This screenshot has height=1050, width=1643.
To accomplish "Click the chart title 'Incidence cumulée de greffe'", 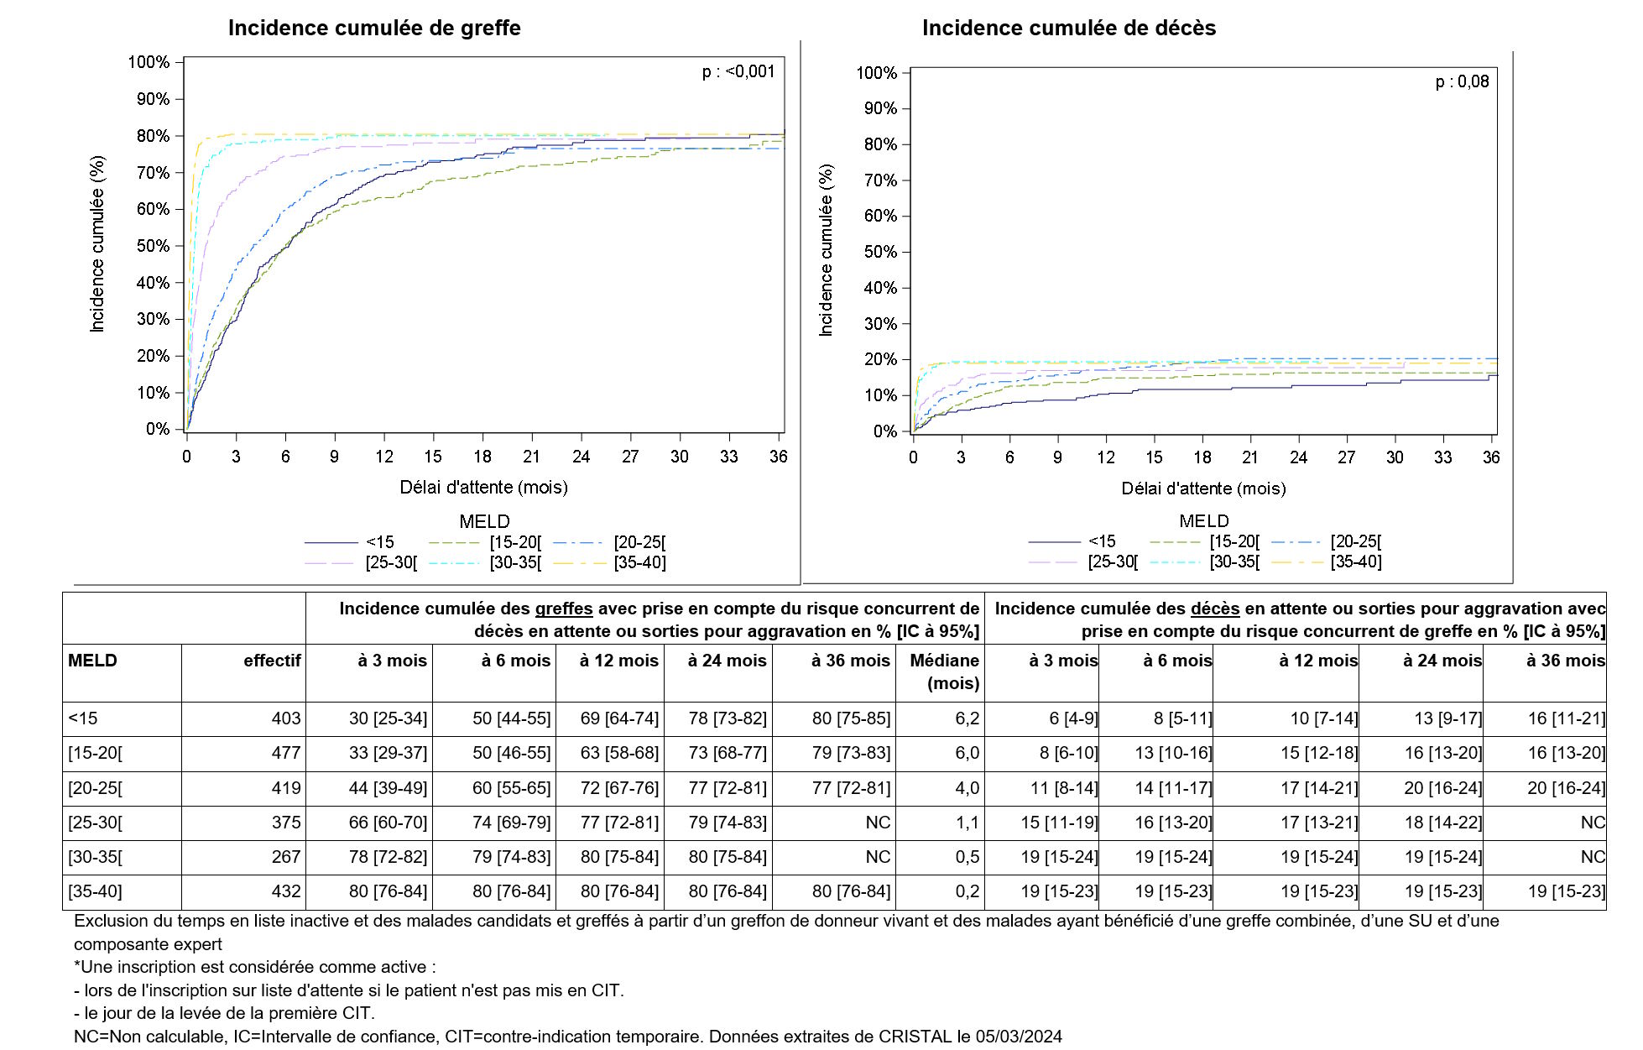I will point(374,28).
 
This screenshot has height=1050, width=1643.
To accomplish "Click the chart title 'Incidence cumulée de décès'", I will point(1068,28).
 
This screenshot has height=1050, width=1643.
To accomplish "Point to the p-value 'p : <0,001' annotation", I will point(738,72).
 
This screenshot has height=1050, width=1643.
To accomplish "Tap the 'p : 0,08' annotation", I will point(1462,82).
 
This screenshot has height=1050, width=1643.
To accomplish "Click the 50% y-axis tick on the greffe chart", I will point(153,246).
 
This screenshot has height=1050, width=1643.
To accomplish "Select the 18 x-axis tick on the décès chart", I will point(1202,457).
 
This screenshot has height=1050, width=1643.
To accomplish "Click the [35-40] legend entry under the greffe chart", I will point(639,563).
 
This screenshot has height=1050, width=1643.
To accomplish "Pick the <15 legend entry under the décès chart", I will point(1102,541).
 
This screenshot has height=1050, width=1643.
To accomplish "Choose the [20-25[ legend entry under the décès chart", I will point(1355,541).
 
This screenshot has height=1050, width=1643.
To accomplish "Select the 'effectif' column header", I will point(272,661).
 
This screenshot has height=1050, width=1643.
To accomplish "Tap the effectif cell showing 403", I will point(285,719).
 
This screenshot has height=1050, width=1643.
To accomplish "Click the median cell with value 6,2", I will point(967,719).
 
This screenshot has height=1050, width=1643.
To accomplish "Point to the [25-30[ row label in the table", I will point(95,823).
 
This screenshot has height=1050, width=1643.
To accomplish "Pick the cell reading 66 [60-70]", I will point(388,823).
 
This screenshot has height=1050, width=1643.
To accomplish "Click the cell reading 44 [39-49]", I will point(388,788).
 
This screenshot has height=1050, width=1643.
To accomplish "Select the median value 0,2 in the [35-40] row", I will point(967,891).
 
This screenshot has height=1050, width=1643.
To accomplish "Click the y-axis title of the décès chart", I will point(827,250).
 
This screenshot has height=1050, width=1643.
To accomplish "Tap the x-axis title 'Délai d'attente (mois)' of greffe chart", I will point(483,488).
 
